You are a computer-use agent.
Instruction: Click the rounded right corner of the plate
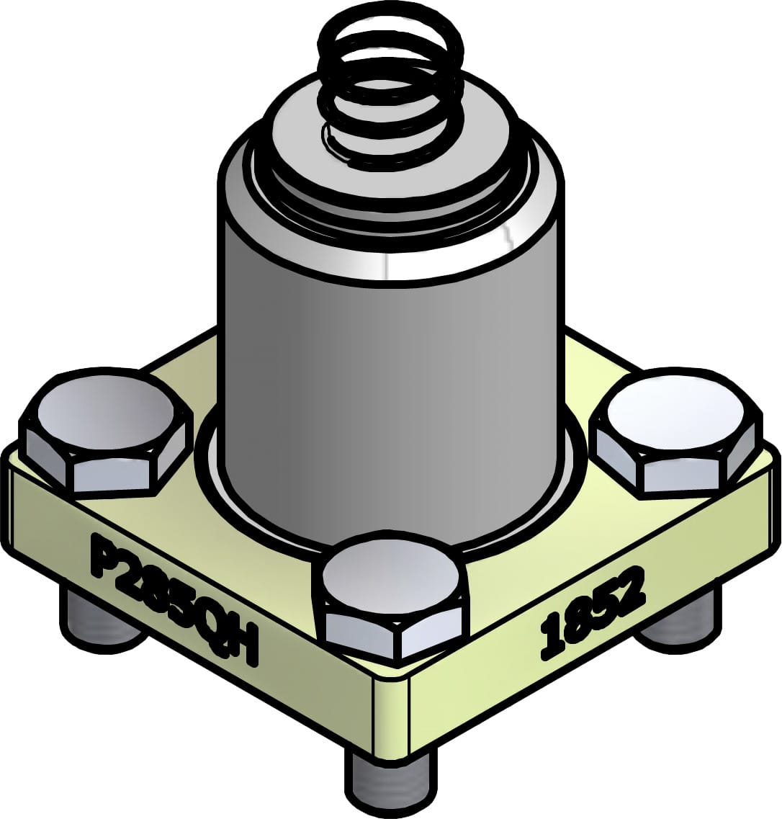775,497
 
